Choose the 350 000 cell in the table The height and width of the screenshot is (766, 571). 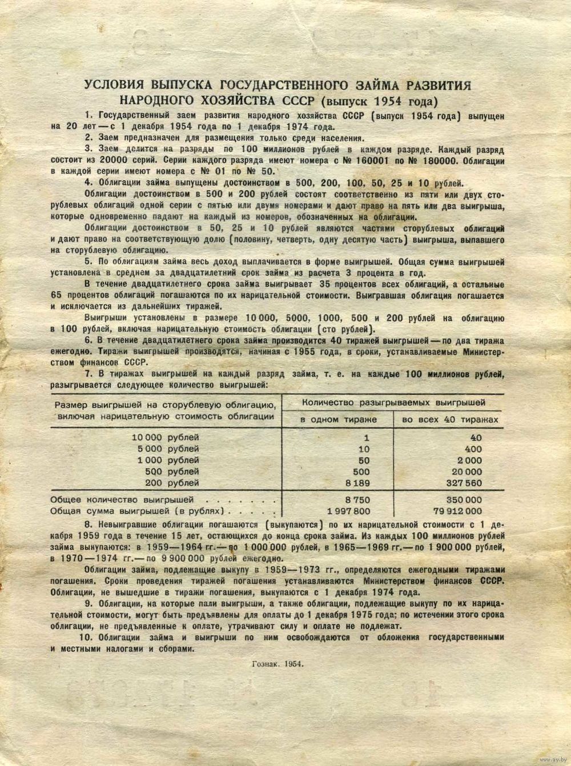tap(464, 499)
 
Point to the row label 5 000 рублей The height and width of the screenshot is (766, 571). tap(166, 449)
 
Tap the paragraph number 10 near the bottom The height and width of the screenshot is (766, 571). tap(88, 637)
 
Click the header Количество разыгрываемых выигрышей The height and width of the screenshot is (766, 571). tap(393, 402)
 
